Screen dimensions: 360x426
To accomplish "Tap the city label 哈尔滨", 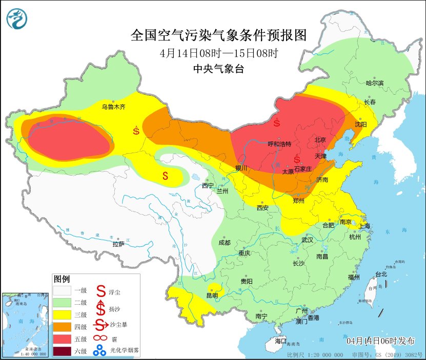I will pos(375,82).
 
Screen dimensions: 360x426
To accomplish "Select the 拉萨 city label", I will pos(118,244).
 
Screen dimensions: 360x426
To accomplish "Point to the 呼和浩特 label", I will pos(279,144).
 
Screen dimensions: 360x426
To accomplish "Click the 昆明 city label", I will pos(212,295).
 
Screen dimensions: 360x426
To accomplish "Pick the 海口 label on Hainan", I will pos(280,341).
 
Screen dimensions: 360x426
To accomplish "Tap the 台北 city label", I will pos(381,274).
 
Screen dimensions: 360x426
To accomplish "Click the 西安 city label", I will pos(263,207).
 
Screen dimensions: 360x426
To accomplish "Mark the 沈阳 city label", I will pos(361,124).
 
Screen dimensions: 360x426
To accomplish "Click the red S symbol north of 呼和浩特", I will pos(277,123).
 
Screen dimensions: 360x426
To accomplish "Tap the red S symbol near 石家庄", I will pos(297,160).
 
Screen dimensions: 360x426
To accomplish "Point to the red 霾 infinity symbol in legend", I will pos(101,338).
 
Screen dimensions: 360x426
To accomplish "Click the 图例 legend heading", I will pos(62,279).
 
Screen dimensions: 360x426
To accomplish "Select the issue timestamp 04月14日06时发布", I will pos(380,341).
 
